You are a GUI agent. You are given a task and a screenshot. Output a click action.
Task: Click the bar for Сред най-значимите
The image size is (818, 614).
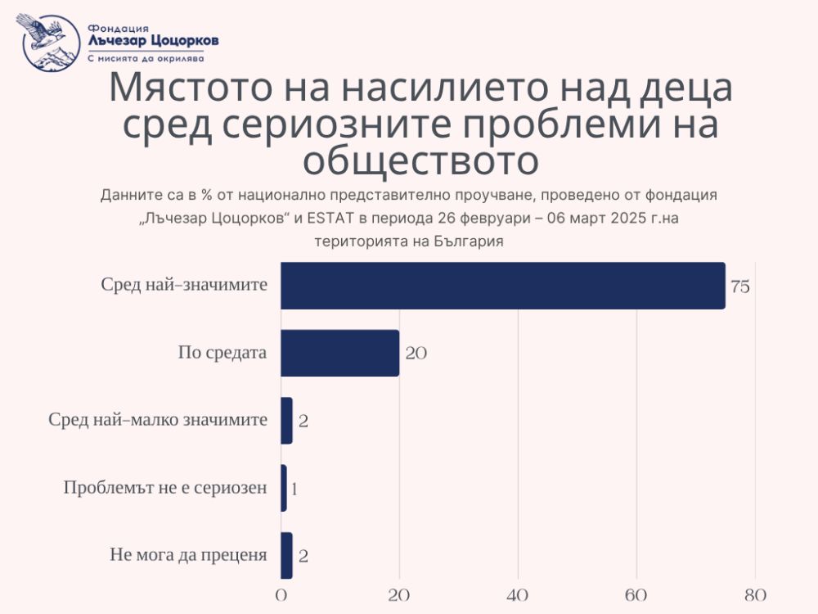[502, 286]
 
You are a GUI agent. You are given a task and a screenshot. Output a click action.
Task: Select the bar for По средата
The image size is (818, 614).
[339, 353]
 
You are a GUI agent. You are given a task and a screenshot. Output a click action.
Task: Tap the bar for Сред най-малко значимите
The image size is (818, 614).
[286, 421]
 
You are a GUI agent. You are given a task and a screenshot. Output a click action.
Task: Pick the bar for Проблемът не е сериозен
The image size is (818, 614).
[284, 488]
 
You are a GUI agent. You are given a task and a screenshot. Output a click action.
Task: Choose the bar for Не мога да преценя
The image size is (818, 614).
[286, 556]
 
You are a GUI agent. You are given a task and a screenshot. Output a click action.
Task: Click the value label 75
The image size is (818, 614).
[740, 287]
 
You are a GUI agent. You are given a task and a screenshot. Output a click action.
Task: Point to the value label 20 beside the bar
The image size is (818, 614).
[415, 354]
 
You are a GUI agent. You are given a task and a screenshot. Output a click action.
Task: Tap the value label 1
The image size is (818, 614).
[294, 489]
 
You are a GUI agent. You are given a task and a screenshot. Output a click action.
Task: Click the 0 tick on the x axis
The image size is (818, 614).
[281, 594]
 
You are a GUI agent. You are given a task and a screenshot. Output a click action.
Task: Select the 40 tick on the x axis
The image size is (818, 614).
[518, 594]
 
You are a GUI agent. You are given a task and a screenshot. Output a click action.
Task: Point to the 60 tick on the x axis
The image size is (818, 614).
[636, 594]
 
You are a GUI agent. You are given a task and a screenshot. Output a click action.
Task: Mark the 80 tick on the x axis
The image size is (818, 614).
[755, 594]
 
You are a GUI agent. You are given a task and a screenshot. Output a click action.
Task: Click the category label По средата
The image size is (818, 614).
[222, 353]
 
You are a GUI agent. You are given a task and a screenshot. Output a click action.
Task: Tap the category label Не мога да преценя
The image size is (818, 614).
[188, 555]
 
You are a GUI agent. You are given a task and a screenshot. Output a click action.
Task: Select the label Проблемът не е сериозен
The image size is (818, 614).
[165, 488]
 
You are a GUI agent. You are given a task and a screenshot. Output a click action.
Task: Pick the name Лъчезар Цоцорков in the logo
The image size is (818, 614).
[153, 41]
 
